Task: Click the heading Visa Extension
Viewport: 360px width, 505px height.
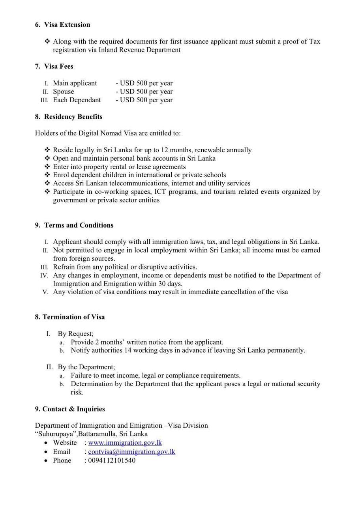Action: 67,24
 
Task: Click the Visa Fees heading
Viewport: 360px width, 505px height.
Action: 58,66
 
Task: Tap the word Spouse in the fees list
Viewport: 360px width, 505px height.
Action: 63,92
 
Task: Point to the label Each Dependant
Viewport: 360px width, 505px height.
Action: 77,100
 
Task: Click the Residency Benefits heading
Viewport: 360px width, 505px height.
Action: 73,117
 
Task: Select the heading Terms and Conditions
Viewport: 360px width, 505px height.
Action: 79,225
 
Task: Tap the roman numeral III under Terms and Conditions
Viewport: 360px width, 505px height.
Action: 45,267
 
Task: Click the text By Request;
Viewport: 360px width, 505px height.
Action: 75,334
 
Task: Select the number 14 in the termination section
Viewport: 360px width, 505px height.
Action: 128,350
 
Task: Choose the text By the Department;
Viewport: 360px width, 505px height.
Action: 86,367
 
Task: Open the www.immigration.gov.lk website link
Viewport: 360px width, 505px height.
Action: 125,443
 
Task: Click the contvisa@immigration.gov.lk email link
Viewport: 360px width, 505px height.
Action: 131,452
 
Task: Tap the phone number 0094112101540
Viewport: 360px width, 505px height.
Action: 112,460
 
